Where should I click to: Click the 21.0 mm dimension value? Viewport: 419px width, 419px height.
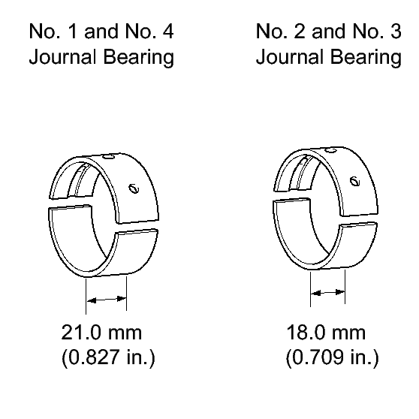(x=101, y=333)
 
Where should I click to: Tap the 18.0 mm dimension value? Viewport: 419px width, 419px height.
(x=326, y=333)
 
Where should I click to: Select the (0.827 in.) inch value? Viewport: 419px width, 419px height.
(x=108, y=357)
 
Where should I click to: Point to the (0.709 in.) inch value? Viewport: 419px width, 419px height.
(x=332, y=357)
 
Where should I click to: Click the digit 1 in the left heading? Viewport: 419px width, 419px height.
(x=72, y=31)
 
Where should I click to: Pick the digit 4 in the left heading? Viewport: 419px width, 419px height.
(x=168, y=31)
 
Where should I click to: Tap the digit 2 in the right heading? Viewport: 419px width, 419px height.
(x=300, y=31)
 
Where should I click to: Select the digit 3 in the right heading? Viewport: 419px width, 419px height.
(x=396, y=31)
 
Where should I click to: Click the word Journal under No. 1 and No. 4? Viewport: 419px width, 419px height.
(x=62, y=57)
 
